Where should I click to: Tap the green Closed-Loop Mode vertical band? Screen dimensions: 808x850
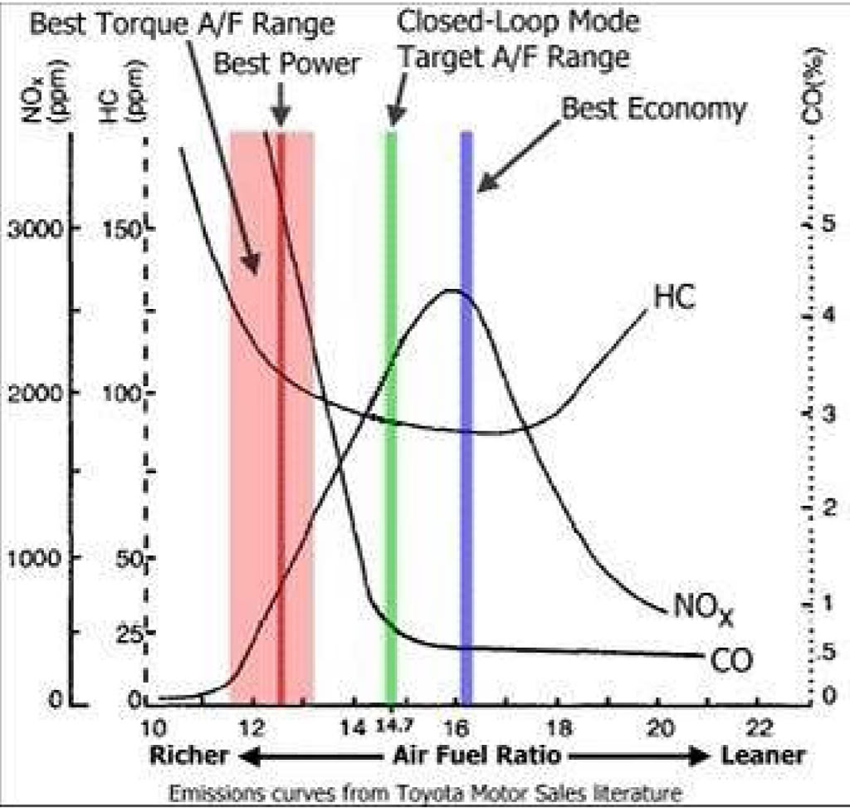click(x=390, y=415)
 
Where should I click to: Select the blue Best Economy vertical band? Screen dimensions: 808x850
click(x=467, y=415)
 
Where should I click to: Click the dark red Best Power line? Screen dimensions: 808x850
click(x=281, y=415)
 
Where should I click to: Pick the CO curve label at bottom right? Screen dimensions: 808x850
click(x=730, y=660)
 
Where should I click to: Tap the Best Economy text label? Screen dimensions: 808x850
click(x=654, y=108)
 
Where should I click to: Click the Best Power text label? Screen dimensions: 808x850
click(x=287, y=63)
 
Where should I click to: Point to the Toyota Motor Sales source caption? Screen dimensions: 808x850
click(x=425, y=793)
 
